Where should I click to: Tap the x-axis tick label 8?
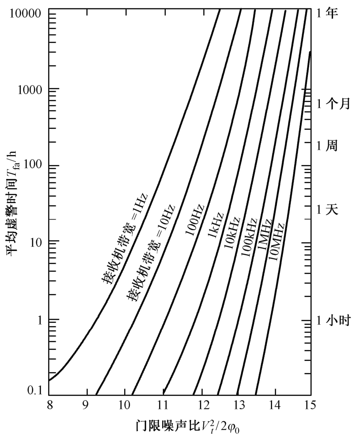point(49,405)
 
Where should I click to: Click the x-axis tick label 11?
point(163,405)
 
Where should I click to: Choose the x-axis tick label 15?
point(311,405)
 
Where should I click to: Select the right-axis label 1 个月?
point(334,104)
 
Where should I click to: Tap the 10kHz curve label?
point(231,232)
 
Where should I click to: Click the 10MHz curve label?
point(276,242)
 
